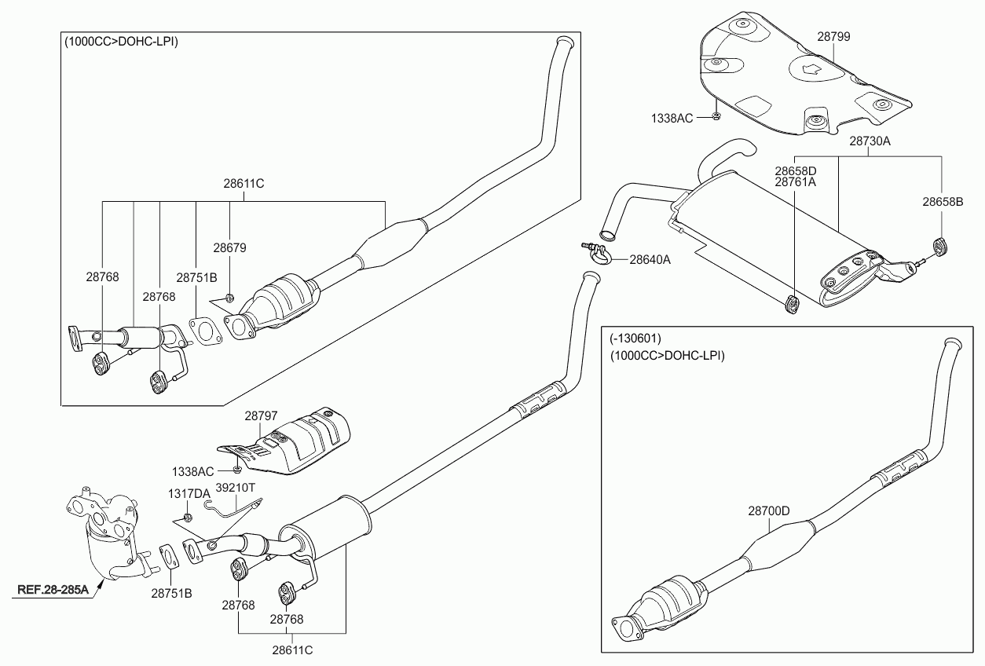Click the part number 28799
(833, 37)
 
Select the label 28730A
(870, 141)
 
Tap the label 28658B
(942, 201)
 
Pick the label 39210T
(236, 488)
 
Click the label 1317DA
(189, 493)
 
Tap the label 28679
(229, 247)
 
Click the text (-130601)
(635, 338)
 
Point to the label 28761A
(796, 181)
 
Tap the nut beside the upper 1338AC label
(716, 117)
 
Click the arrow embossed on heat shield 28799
(807, 69)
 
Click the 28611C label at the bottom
(292, 650)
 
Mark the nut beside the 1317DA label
(188, 517)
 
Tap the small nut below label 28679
(229, 297)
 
